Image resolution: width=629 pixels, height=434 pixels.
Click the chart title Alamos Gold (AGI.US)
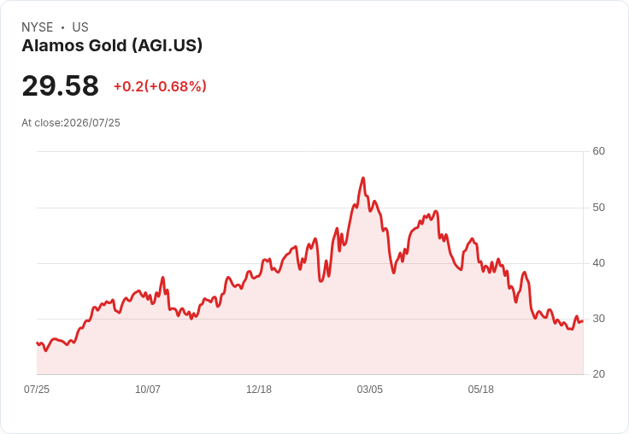pos(112,46)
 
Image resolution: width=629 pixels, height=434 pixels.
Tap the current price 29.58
pos(60,85)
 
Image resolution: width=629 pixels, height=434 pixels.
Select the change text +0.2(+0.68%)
pos(160,86)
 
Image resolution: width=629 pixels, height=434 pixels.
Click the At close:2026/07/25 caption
pos(71,123)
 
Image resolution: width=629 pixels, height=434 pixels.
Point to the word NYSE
pos(38,27)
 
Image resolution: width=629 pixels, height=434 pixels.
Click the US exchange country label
pos(80,27)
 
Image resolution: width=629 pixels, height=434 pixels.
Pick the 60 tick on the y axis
pos(599,151)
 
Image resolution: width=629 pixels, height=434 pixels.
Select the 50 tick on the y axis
pos(599,208)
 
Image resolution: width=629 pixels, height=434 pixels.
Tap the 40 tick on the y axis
pos(599,263)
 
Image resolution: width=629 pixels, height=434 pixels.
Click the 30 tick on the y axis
pos(599,319)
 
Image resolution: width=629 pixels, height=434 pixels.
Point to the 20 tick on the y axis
pos(599,374)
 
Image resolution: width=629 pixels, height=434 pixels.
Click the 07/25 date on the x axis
pos(37,390)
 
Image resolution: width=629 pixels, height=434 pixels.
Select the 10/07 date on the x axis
pos(148,390)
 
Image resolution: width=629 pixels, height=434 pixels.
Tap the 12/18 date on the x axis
pos(259,390)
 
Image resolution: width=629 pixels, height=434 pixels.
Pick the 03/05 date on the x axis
pos(370,390)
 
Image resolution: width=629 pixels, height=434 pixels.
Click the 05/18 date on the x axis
pos(481,390)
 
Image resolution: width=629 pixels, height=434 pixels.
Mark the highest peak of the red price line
pos(363,178)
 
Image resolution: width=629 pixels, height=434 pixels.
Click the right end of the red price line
pos(583,321)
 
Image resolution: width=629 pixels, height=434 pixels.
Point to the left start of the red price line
pos(37,343)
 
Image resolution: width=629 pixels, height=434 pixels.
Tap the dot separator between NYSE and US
pos(62,27)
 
